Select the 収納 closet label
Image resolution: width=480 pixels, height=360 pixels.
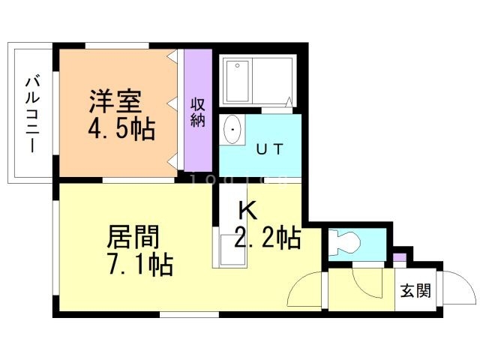198,112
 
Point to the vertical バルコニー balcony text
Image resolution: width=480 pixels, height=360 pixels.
33,112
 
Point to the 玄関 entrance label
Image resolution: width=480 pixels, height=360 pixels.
415,291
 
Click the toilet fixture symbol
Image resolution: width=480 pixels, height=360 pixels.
346,241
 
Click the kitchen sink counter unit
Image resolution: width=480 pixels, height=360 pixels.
228,247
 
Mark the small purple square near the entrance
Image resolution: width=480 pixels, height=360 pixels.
400,259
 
